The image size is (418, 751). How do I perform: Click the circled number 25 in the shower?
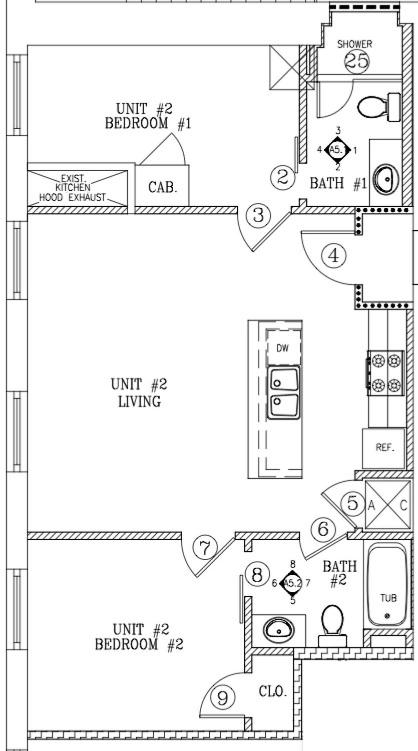pos(357,61)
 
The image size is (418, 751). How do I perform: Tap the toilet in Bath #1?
pos(379,107)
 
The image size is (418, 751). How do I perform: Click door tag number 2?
pos(282,178)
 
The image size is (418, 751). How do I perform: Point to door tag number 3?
pos(259,215)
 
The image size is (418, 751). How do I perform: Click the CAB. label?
pos(163,187)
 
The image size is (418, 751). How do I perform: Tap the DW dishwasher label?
pos(283,348)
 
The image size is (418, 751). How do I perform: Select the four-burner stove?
pos(386,373)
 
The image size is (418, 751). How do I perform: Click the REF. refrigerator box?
pos(384,448)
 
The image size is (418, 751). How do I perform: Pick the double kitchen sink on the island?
pos(284,393)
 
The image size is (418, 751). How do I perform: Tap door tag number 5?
pos(352,503)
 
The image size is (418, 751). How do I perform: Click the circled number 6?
pos(323,530)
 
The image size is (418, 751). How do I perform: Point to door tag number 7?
pos(205,547)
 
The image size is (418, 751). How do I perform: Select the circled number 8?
pos(257,574)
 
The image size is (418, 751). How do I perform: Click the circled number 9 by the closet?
pos(223,697)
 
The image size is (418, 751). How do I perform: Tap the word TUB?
pos(388,598)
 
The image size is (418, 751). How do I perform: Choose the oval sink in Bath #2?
pos(279,630)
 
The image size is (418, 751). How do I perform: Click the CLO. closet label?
pos(273,692)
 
